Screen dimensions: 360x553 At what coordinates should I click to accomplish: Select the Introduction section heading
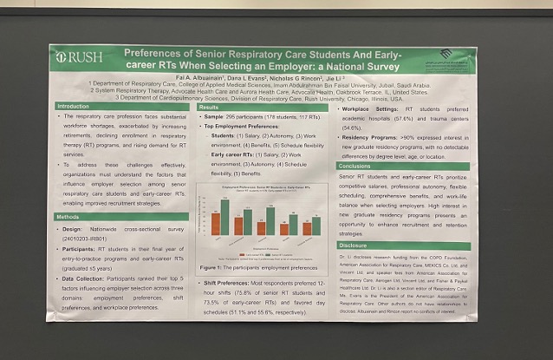click(x=73, y=106)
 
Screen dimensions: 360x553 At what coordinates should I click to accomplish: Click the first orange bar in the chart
click(x=215, y=224)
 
